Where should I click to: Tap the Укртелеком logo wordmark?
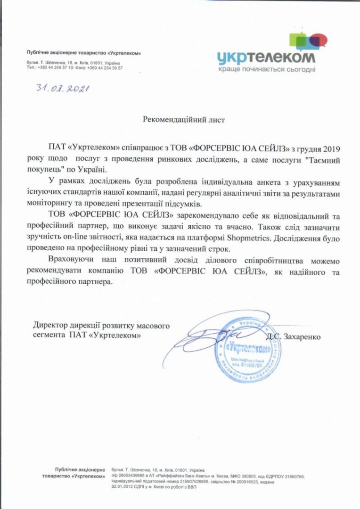pos(266,57)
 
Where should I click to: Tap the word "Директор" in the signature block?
pos(49,326)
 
